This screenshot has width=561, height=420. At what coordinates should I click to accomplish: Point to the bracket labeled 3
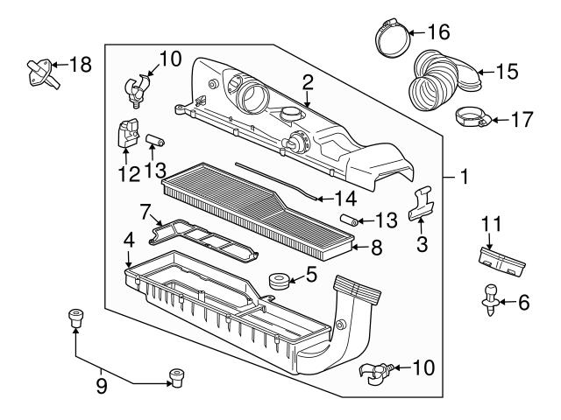[423, 207]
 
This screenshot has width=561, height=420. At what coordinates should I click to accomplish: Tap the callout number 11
[487, 225]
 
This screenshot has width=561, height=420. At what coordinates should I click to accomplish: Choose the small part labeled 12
[126, 133]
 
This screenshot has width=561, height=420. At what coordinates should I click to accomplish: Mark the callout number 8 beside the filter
[375, 248]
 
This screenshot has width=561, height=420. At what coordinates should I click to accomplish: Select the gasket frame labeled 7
[202, 241]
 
